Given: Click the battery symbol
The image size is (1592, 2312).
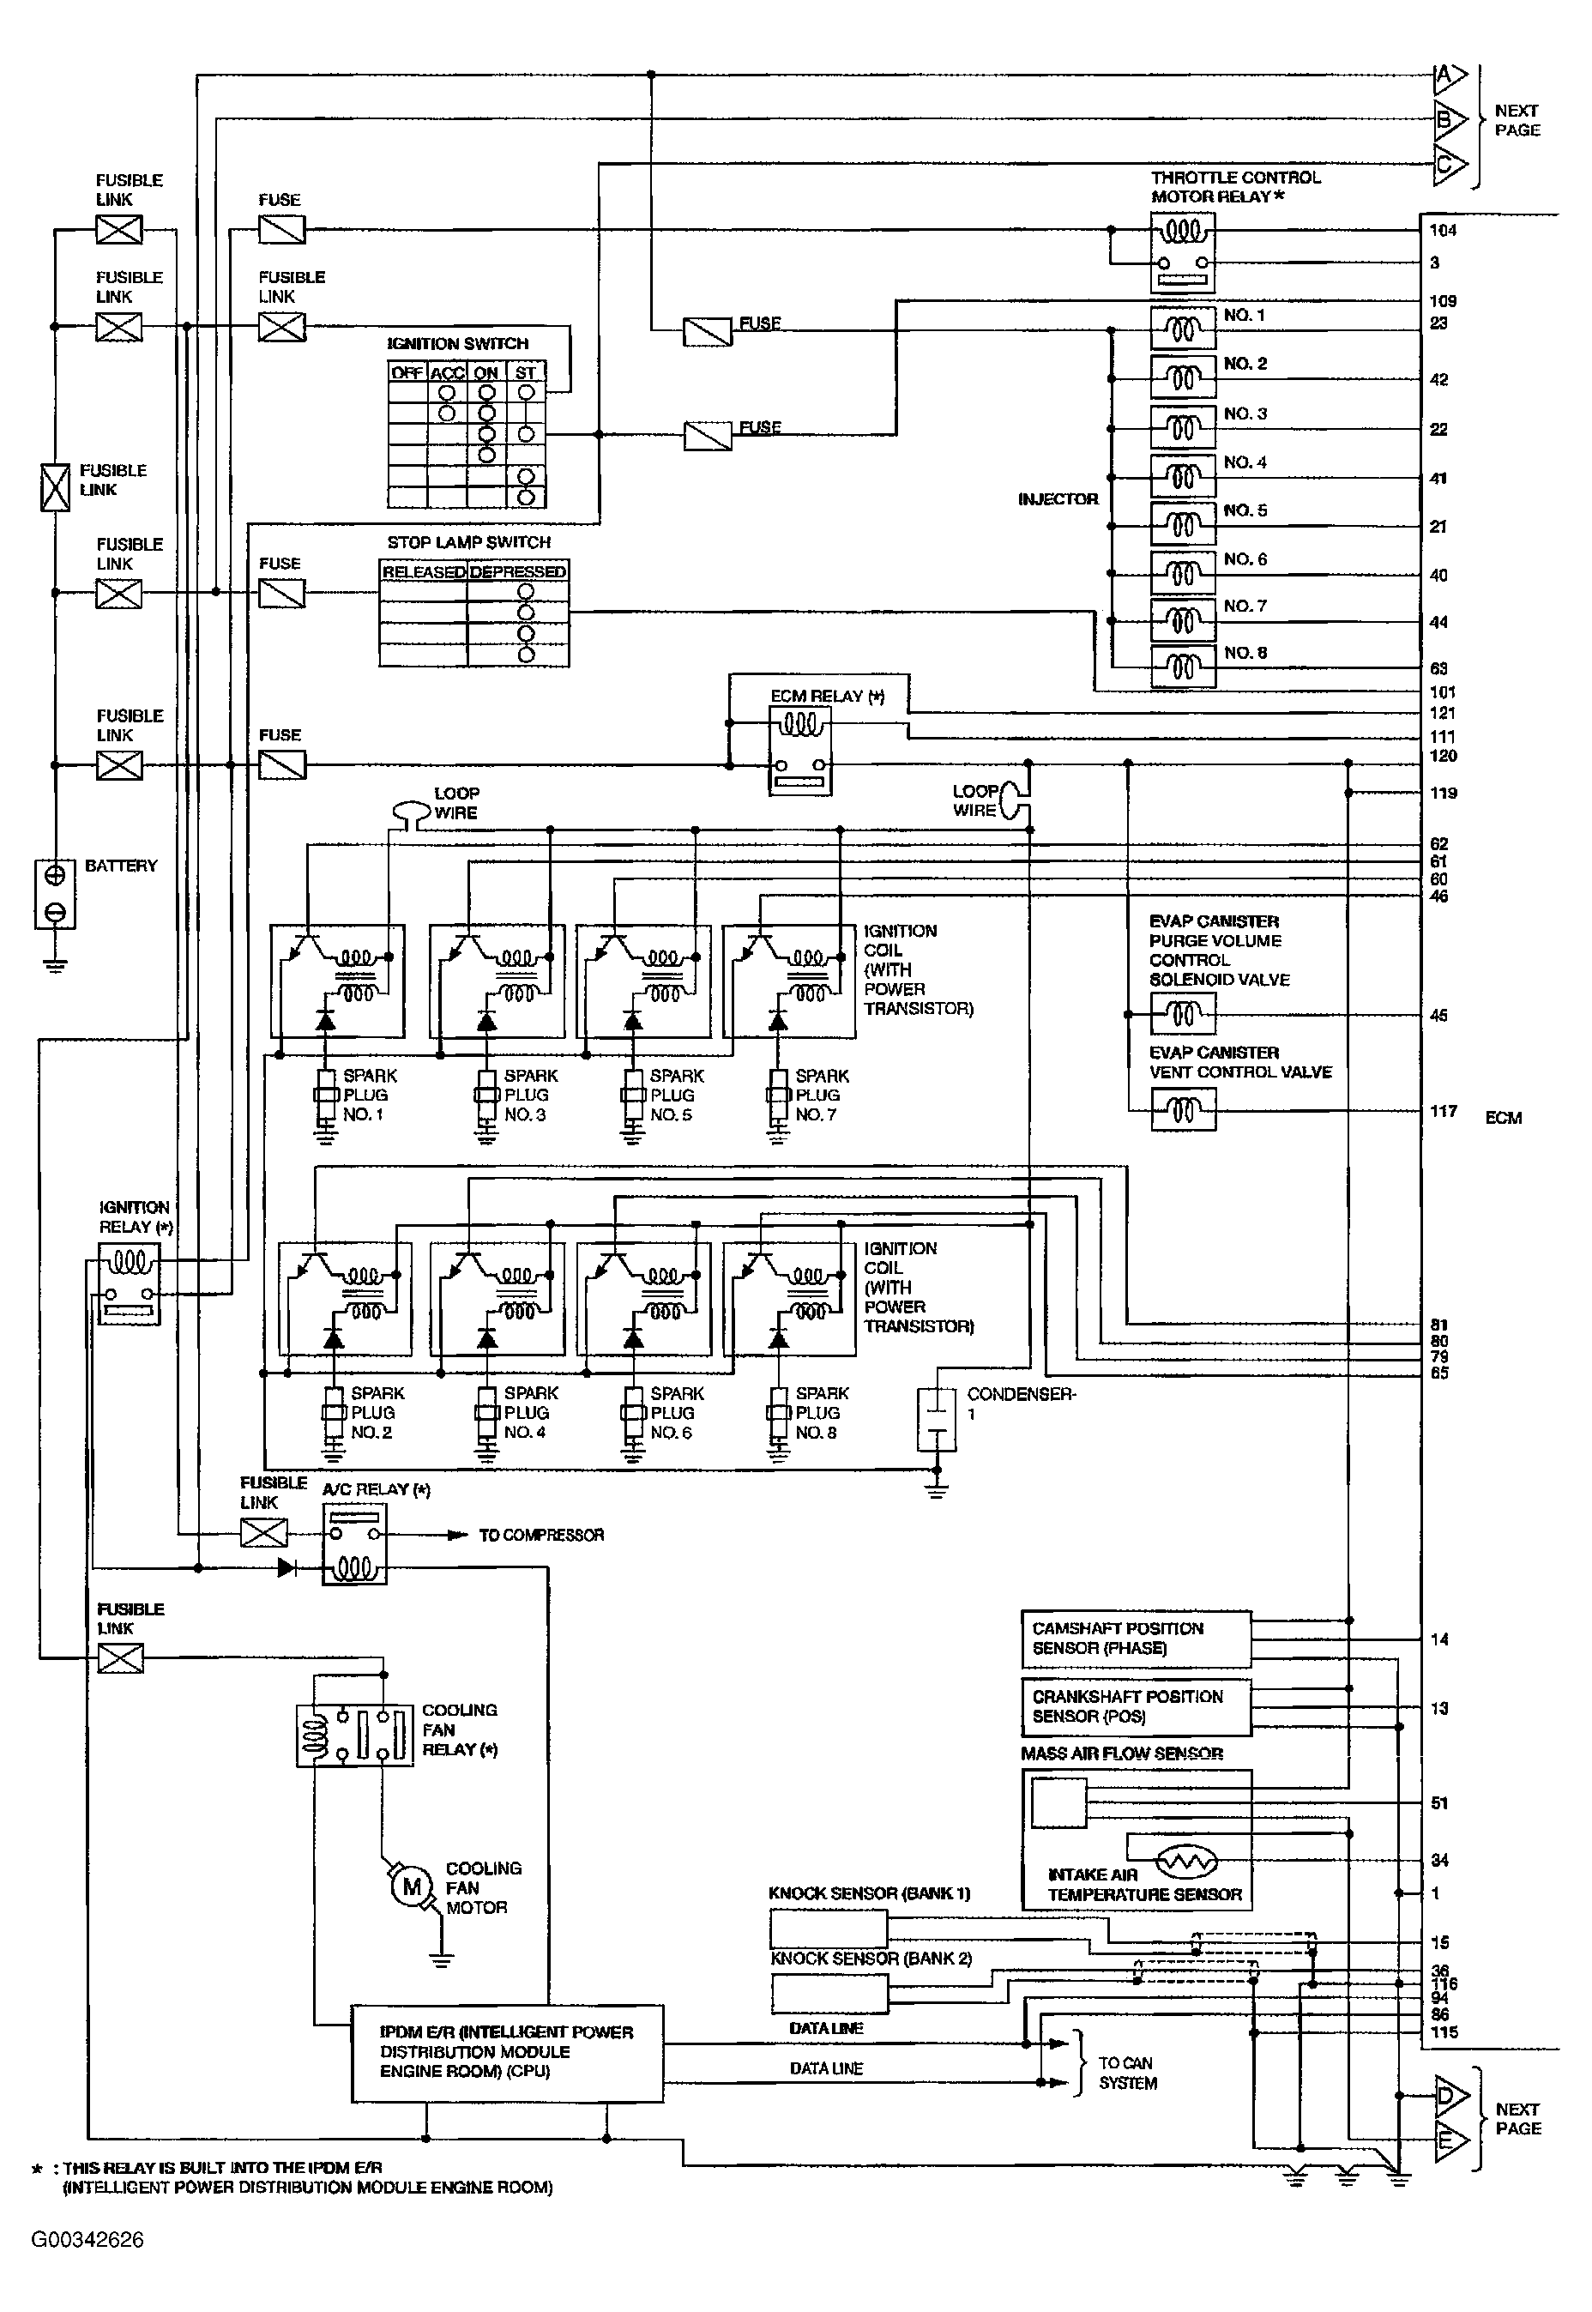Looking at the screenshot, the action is click(55, 894).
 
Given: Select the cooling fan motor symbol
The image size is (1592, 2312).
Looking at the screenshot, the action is click(411, 1886).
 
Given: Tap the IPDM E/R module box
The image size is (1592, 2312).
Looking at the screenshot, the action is click(507, 2054).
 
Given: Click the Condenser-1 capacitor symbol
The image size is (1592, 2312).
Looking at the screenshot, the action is click(936, 1419).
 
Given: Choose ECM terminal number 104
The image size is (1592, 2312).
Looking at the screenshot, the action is click(1443, 231).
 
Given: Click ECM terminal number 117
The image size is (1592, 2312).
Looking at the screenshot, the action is click(1444, 1111).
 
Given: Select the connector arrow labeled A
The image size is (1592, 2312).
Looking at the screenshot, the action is click(1450, 75).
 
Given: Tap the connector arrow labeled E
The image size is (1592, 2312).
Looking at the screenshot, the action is click(1451, 2140).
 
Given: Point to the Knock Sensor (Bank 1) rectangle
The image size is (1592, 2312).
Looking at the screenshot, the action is click(828, 1929).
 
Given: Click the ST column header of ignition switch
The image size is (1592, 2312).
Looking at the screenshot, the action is click(526, 373).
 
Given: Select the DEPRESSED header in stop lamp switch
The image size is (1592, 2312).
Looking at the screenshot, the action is click(518, 571).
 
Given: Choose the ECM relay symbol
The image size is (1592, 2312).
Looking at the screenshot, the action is click(800, 750).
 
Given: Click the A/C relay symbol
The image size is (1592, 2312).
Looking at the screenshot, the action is click(354, 1544).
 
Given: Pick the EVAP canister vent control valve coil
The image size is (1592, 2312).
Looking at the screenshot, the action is click(1183, 1110).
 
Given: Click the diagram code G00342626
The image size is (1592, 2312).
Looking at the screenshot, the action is click(87, 2240).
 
